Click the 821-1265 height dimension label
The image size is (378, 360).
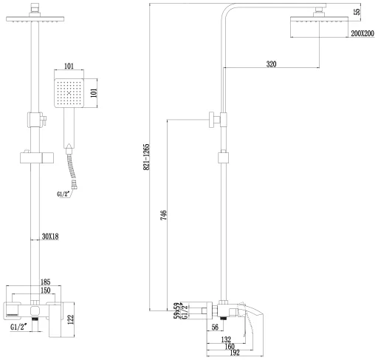pyautogui.click(x=146, y=157)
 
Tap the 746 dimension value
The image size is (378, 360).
pyautogui.click(x=163, y=215)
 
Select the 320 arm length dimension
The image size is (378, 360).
pyautogui.click(x=271, y=64)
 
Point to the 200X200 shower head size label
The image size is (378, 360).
pyautogui.click(x=362, y=33)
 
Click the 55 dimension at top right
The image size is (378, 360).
pyautogui.click(x=357, y=11)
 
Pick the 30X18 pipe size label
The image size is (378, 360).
pyautogui.click(x=50, y=237)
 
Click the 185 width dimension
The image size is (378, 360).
pyautogui.click(x=45, y=282)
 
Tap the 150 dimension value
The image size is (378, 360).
pyautogui.click(x=45, y=291)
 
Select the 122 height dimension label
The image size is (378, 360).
pyautogui.click(x=70, y=319)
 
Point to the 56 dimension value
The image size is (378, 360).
pyautogui.click(x=215, y=327)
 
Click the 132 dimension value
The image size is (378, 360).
pyautogui.click(x=226, y=339)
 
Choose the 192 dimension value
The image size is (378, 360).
pyautogui.click(x=234, y=353)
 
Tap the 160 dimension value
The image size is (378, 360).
pyautogui.click(x=230, y=346)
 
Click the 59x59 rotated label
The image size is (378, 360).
pyautogui.click(x=176, y=310)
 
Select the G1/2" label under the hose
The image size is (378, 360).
pyautogui.click(x=63, y=194)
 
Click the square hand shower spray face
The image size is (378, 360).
pyautogui.click(x=69, y=93)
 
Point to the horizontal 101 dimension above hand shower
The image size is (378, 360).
pyautogui.click(x=69, y=66)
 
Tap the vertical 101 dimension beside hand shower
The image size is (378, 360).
pyautogui.click(x=94, y=92)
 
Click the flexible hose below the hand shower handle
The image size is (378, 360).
pyautogui.click(x=72, y=169)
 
